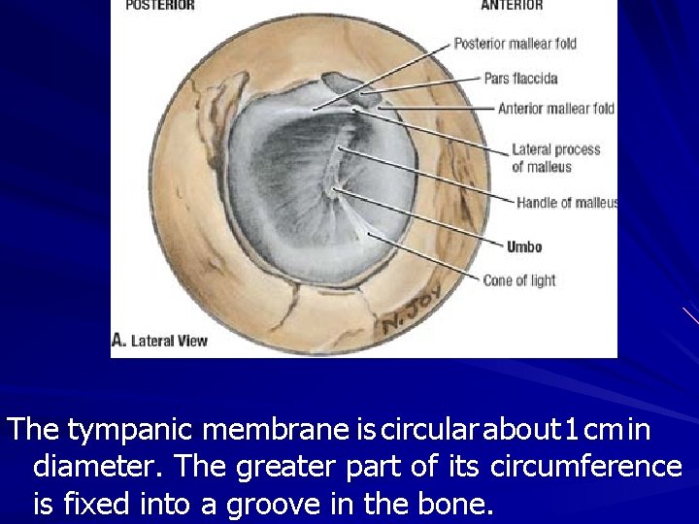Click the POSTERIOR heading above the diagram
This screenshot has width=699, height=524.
click(x=159, y=6)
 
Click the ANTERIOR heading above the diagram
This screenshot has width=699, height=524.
click(x=512, y=6)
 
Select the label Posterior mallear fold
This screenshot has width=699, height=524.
click(x=528, y=44)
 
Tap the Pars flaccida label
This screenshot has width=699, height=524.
click(x=520, y=78)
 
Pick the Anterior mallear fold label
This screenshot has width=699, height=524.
click(x=555, y=109)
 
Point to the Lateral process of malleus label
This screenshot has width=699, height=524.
click(x=555, y=158)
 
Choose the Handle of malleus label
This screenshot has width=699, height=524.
click(x=566, y=204)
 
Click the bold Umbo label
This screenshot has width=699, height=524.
click(x=524, y=247)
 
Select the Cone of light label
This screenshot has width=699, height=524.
click(x=519, y=280)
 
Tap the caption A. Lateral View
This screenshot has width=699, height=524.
click(x=160, y=341)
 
